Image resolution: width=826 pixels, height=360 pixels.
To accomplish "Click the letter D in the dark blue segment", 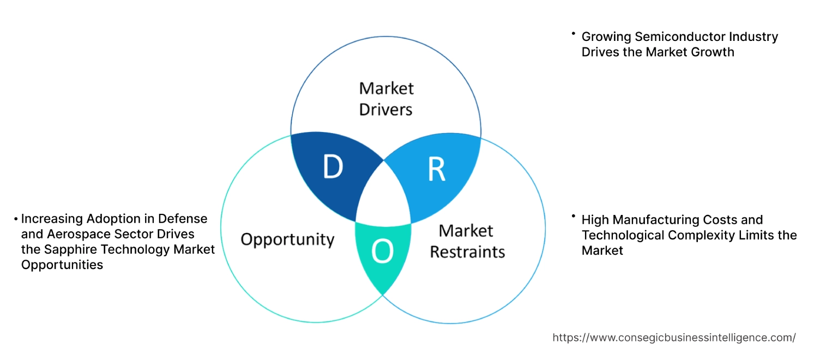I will [333, 167].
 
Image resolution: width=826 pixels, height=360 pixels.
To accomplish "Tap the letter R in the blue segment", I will [436, 170].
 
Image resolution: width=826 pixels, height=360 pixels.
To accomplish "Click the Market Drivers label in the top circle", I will [386, 99].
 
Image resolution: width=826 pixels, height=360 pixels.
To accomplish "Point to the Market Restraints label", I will [467, 241].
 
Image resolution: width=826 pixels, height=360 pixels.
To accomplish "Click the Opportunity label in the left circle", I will [287, 239].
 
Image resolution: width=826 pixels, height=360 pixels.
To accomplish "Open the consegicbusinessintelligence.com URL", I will [674, 338].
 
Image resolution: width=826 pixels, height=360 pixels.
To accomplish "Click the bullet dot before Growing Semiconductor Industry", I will [574, 34].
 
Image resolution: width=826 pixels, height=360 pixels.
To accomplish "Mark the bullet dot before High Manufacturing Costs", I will [574, 217].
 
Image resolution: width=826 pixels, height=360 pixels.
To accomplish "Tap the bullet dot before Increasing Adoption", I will [16, 219].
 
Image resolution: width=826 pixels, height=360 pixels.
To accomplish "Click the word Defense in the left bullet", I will [183, 219].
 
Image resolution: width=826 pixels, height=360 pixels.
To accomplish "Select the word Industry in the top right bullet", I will [754, 37].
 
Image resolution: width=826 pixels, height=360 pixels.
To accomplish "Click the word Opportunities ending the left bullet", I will [62, 265].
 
